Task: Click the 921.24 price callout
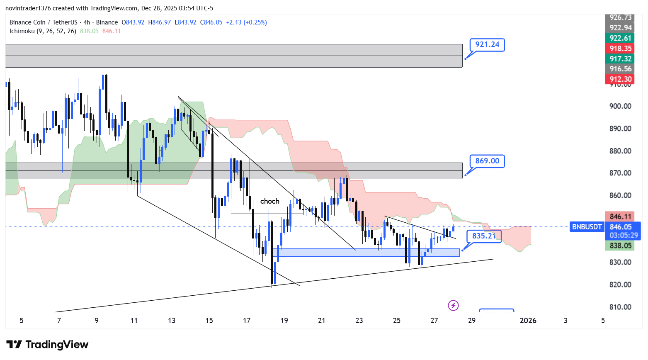coord(487,44)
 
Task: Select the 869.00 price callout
coord(487,161)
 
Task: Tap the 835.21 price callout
coord(484,236)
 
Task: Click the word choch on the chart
coord(269,201)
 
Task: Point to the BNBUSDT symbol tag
coord(587,227)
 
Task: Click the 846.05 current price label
coord(621,227)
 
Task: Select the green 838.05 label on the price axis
coord(621,246)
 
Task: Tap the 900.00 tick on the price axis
coord(620,106)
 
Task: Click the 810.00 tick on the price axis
coord(620,307)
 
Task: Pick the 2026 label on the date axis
coord(528,320)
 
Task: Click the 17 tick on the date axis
coord(247,320)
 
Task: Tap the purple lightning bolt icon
coord(453,306)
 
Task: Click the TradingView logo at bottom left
coord(47,345)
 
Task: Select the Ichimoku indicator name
coord(43,31)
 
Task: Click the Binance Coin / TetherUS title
coord(44,22)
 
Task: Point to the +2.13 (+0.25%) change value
coord(246,22)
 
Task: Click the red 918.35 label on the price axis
coord(621,49)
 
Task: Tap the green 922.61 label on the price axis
coord(621,38)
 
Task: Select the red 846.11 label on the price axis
coord(621,216)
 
